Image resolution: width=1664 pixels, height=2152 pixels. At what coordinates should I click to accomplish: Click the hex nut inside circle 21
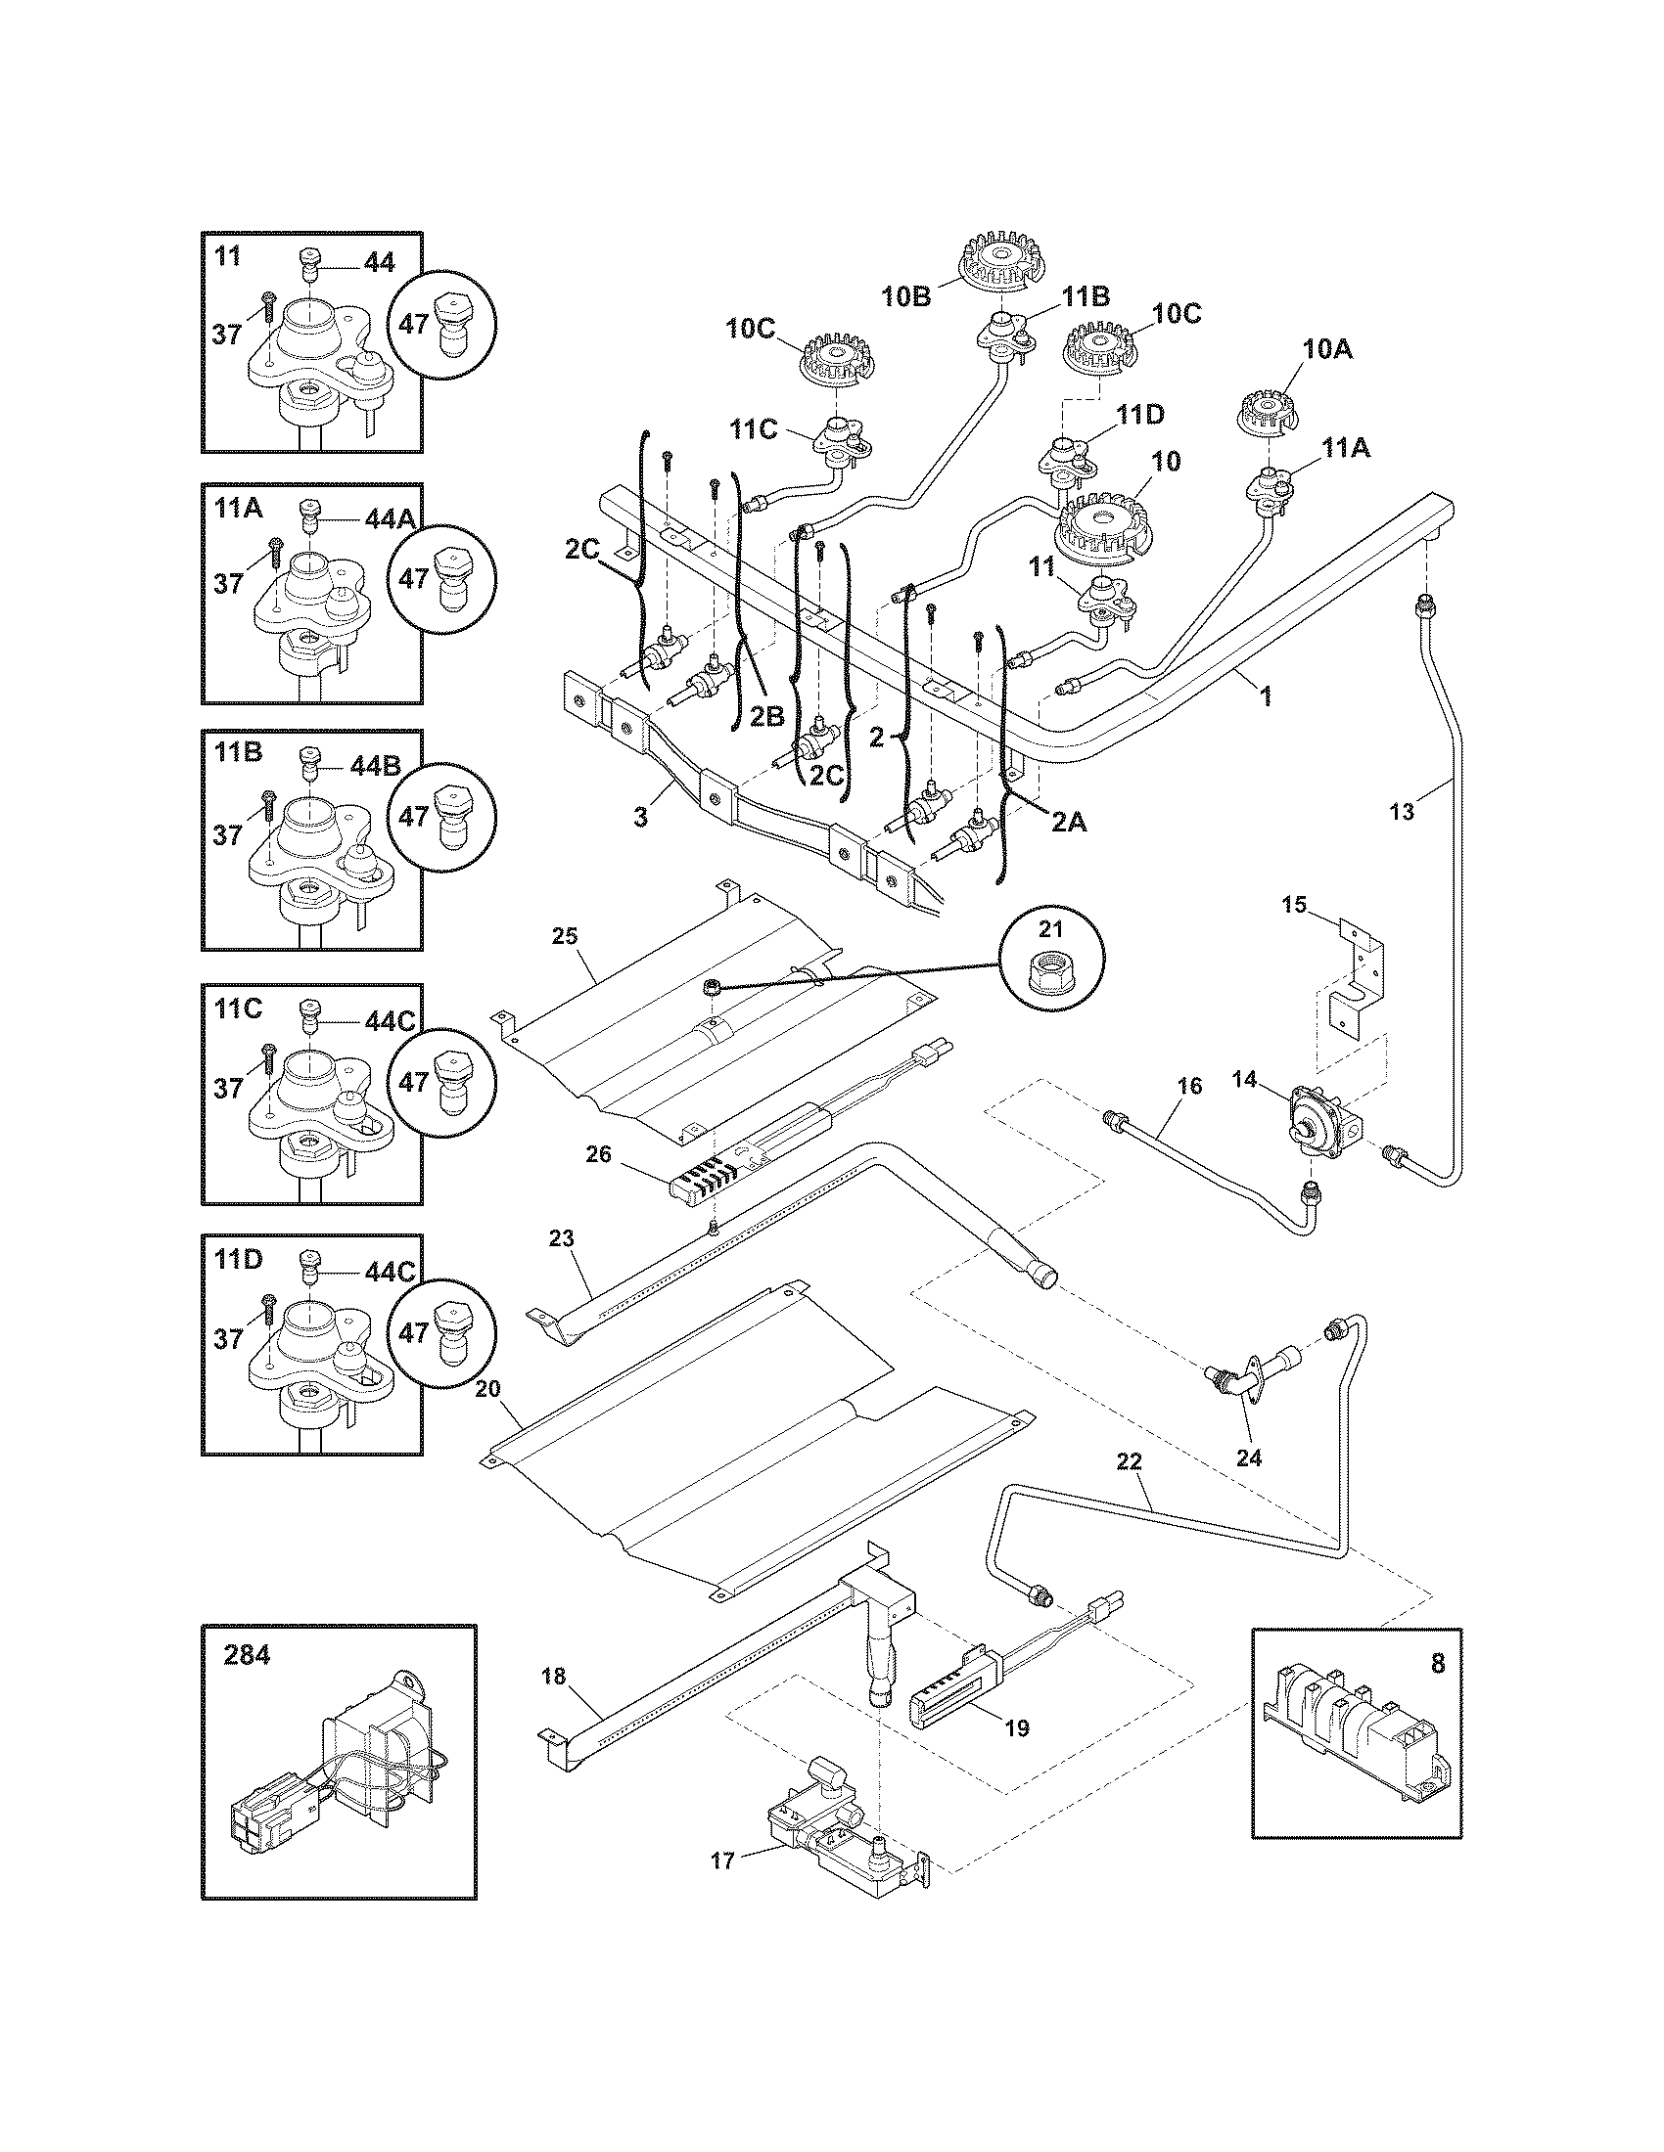[x=1051, y=975]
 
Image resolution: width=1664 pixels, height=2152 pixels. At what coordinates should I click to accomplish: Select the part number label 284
[x=246, y=1656]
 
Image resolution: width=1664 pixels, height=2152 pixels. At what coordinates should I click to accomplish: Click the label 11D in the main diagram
[x=1139, y=415]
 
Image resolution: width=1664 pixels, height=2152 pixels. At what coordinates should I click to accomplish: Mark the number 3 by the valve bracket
[x=640, y=817]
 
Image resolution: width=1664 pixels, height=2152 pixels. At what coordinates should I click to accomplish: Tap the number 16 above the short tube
[x=1190, y=1085]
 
